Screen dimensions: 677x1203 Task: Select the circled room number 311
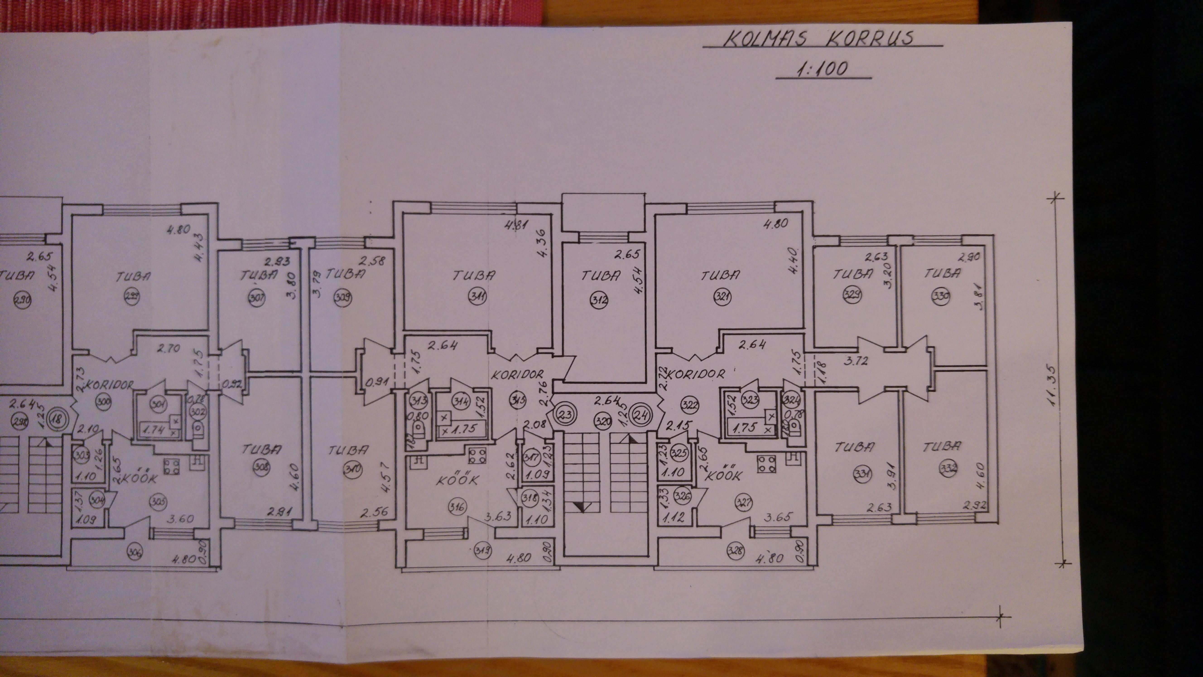479,296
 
